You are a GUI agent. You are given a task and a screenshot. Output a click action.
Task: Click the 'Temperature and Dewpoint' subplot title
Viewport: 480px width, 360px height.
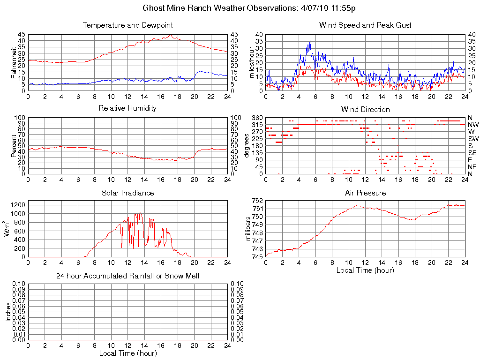click(x=127, y=25)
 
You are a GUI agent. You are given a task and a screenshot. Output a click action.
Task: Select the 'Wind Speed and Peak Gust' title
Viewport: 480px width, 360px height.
click(x=365, y=25)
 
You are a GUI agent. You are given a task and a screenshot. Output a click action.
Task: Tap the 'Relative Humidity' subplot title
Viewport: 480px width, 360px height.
click(x=127, y=108)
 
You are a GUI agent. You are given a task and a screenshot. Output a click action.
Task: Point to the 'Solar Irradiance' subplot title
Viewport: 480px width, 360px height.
click(x=127, y=193)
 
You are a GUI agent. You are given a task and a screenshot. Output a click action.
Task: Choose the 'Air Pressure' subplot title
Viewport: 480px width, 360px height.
click(x=365, y=193)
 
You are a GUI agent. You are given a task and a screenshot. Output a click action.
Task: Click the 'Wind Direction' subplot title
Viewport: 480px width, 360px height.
click(x=365, y=110)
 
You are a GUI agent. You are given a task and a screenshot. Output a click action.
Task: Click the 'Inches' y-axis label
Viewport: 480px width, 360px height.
click(x=8, y=312)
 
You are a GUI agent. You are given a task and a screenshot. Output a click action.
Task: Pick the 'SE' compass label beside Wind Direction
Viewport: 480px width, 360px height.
click(x=472, y=153)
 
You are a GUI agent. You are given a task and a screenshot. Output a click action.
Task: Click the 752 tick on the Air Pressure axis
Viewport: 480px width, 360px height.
click(x=257, y=201)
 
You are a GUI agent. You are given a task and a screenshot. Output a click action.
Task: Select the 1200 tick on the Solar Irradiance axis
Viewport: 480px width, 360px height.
click(x=17, y=205)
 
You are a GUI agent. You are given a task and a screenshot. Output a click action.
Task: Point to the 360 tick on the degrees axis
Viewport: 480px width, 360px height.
click(x=257, y=118)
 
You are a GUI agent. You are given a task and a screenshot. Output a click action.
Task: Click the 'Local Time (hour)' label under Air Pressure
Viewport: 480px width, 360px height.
click(x=365, y=270)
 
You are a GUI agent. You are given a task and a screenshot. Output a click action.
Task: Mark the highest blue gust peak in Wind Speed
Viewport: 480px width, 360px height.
click(x=310, y=41)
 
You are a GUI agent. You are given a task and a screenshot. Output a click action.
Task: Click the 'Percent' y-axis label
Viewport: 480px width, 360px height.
click(x=14, y=145)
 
